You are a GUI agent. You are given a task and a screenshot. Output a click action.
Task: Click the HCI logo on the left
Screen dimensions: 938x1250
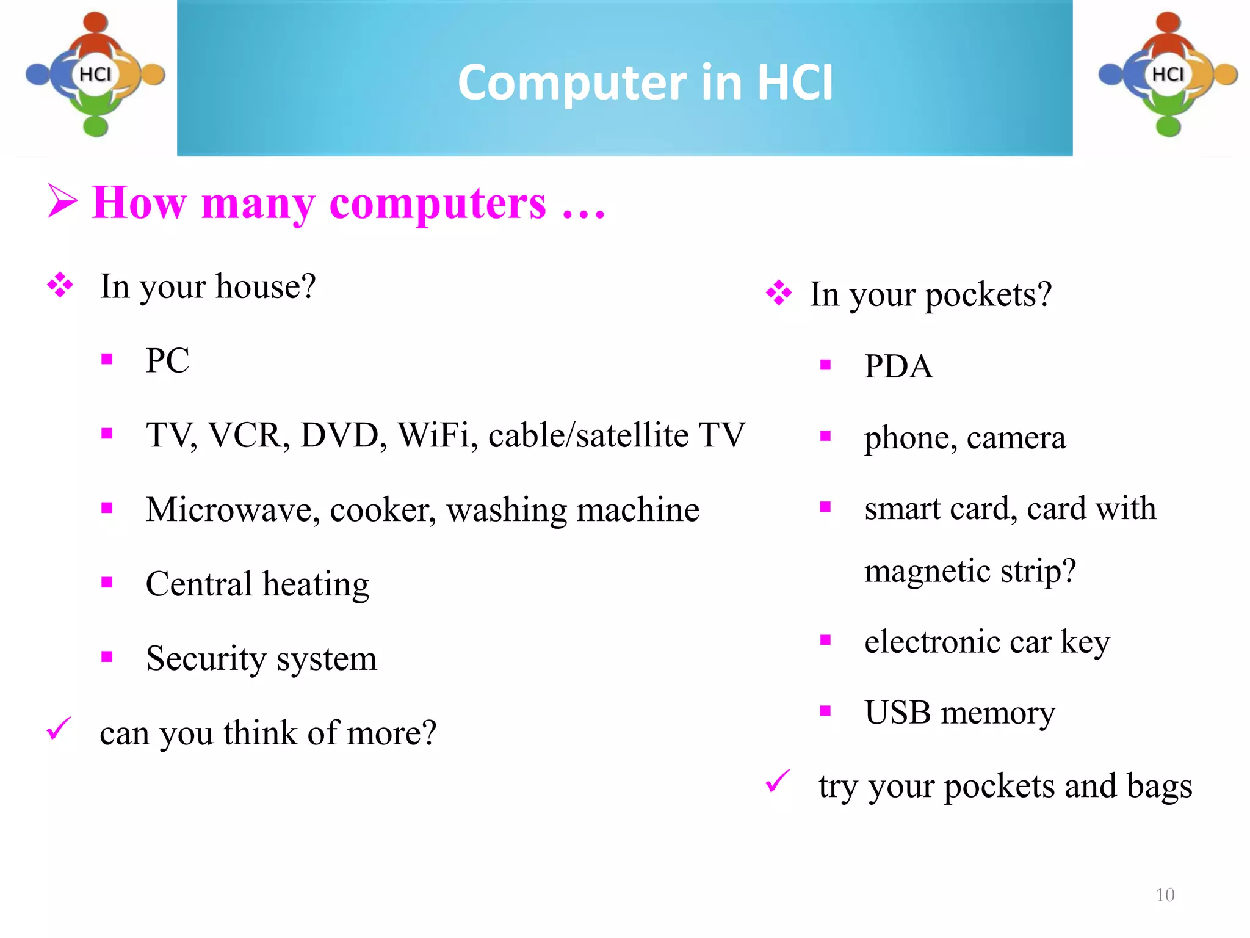[x=95, y=75]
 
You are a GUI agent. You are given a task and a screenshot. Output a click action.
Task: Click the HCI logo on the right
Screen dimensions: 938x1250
[x=1168, y=75]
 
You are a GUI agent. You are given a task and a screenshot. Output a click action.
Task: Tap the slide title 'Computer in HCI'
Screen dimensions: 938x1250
[x=645, y=82]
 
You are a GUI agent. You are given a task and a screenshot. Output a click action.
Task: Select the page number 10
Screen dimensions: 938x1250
[x=1165, y=895]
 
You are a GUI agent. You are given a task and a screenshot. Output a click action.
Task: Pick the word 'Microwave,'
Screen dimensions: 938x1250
[x=233, y=510]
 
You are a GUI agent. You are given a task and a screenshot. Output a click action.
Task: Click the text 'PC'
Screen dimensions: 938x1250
[x=167, y=360]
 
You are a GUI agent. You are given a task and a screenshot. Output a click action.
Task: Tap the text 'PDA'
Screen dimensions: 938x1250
[x=898, y=367]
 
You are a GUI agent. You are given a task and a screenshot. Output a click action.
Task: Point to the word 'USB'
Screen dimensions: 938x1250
[x=897, y=713]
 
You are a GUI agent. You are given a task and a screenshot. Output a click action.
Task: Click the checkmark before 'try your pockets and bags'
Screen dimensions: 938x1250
[x=778, y=782]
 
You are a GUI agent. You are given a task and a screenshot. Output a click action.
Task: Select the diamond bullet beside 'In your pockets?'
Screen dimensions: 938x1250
[x=779, y=293]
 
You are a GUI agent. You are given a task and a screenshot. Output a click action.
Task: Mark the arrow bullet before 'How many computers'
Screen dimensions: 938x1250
[x=62, y=202]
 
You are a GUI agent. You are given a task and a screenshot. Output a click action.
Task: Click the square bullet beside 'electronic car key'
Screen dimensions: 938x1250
[x=826, y=640]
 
